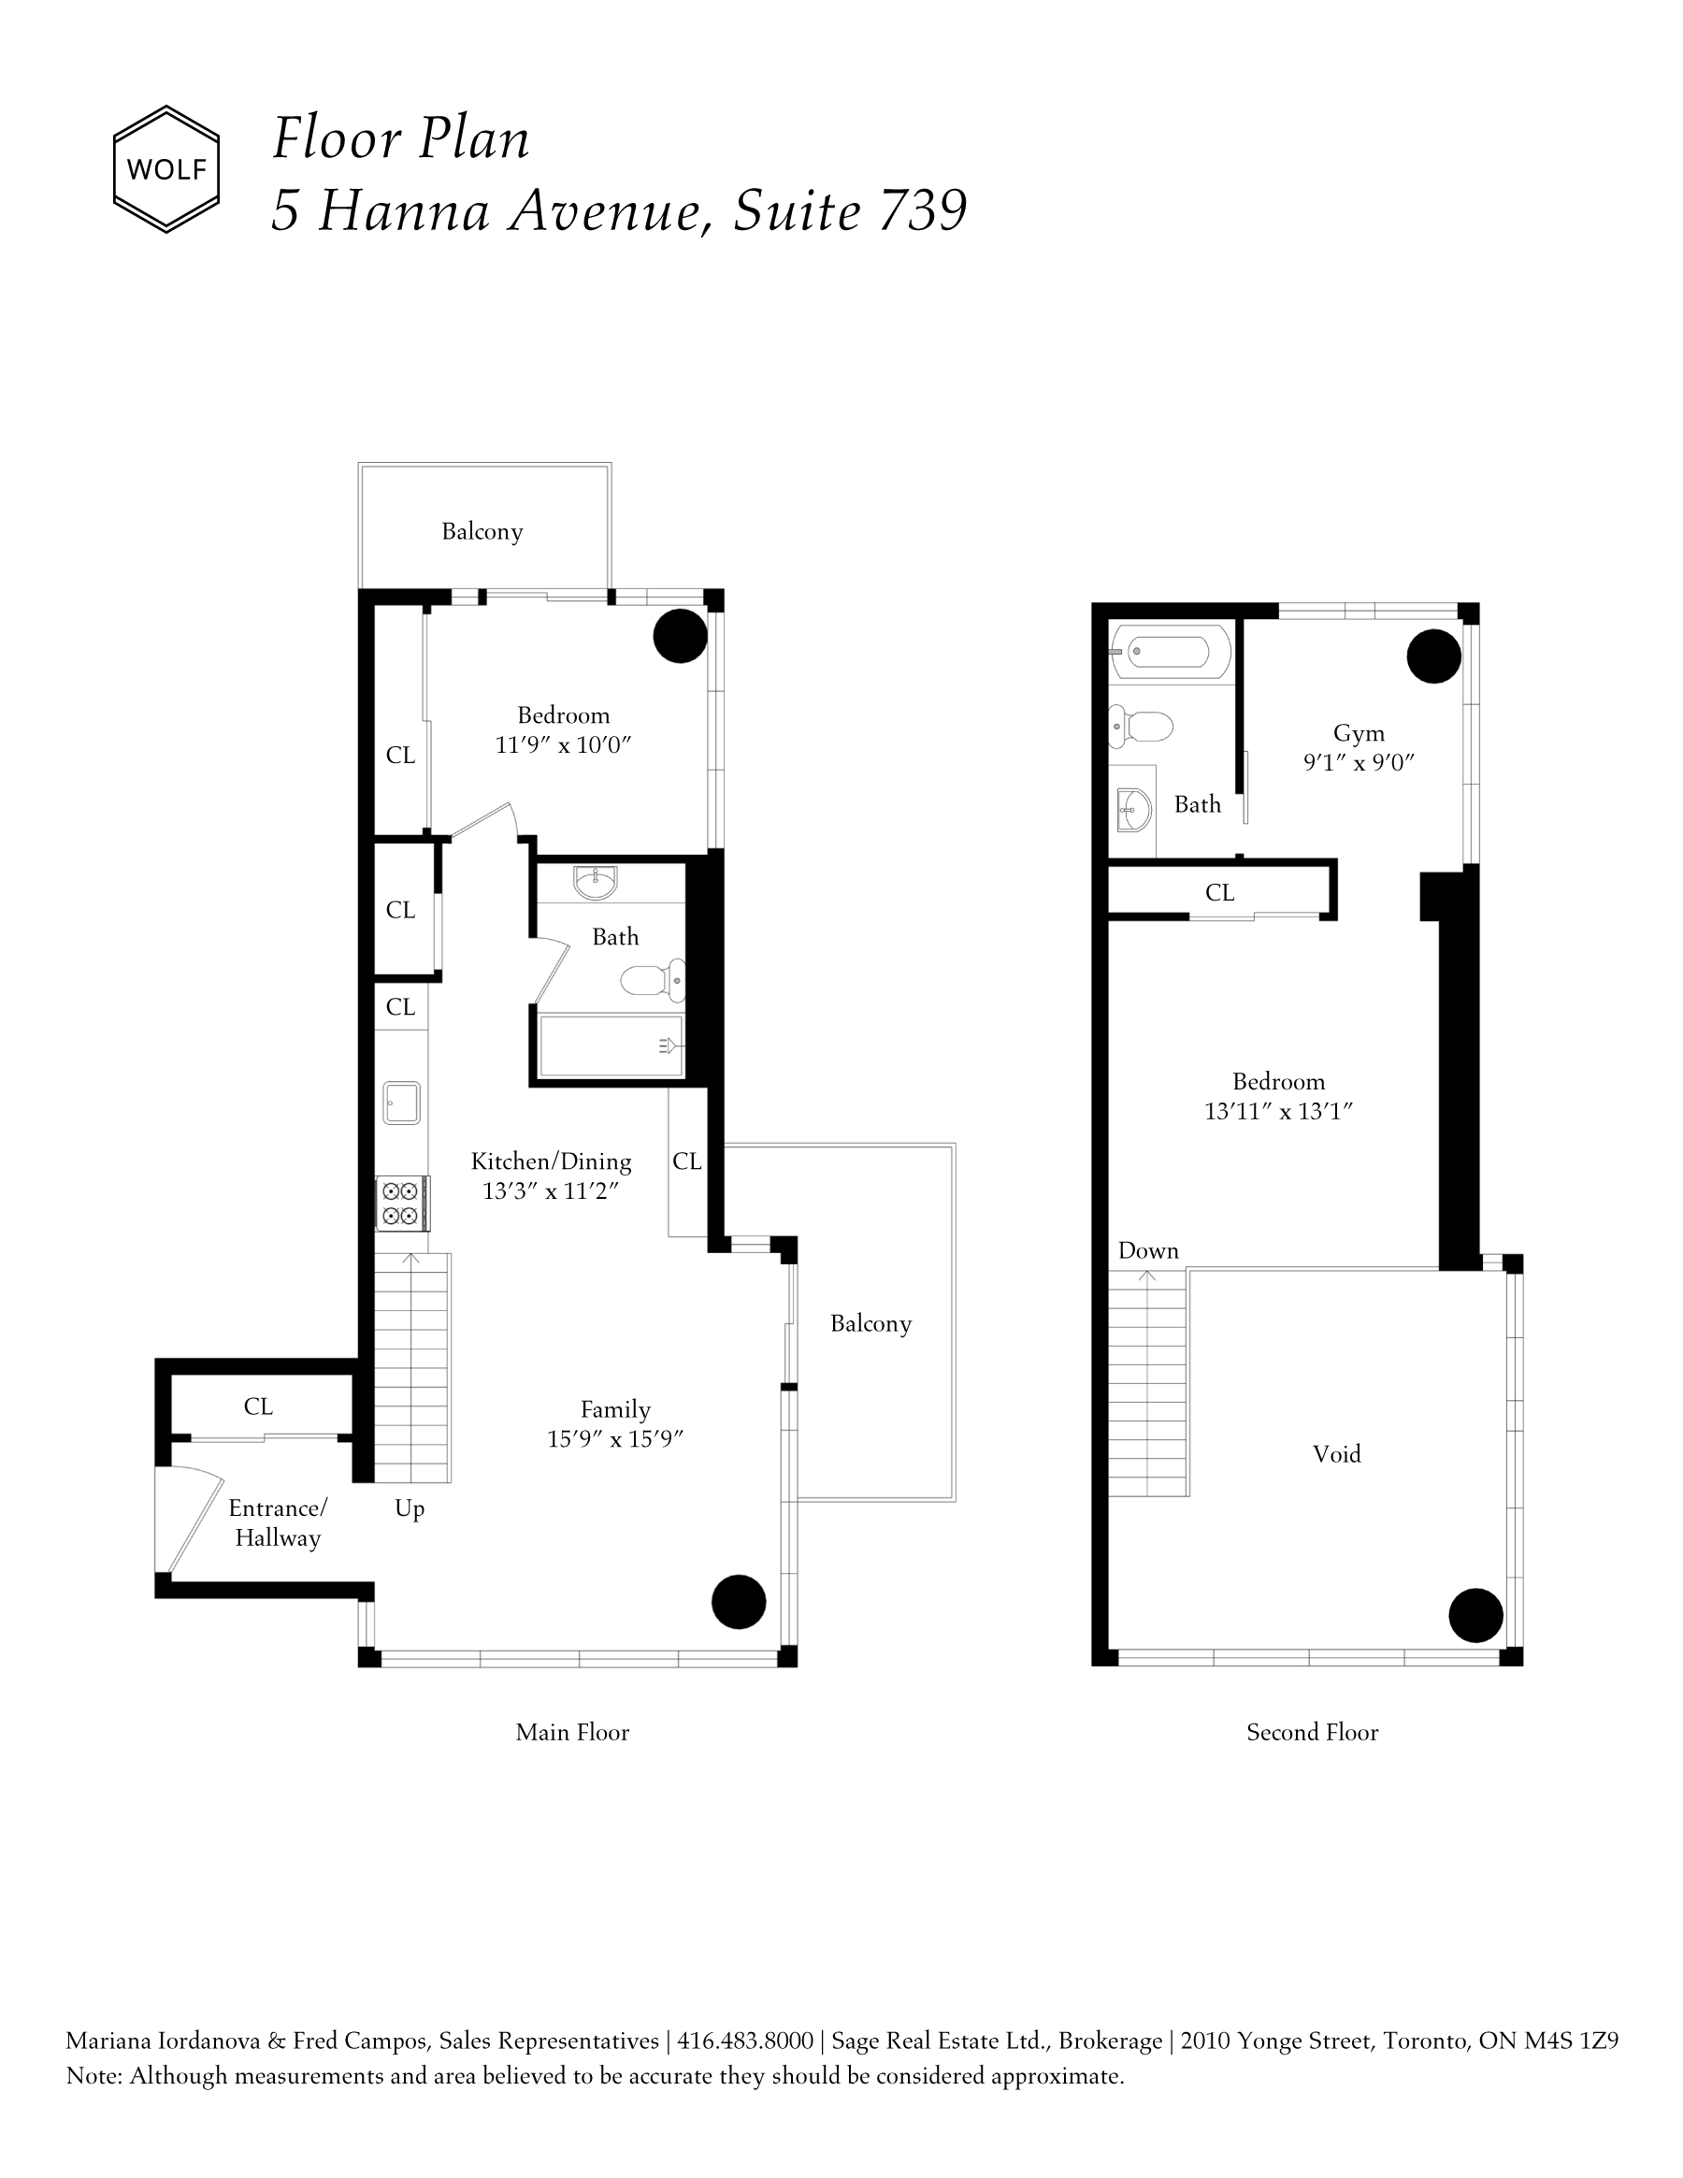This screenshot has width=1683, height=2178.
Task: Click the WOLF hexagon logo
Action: tap(165, 169)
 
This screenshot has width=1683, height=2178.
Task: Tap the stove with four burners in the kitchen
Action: tap(402, 1204)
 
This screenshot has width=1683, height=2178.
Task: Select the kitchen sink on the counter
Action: tap(402, 1103)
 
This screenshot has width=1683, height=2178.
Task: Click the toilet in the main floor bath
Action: tap(653, 980)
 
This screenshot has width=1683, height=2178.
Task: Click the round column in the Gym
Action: tap(1433, 656)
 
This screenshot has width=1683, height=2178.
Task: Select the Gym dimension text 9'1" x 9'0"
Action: tap(1359, 763)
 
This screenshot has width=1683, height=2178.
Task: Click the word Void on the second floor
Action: tap(1337, 1454)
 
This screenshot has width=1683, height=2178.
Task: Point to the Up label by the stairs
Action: tap(410, 1508)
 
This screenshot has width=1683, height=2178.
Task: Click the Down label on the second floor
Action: tap(1148, 1250)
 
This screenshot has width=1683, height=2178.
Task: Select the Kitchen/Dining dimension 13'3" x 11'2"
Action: tap(552, 1190)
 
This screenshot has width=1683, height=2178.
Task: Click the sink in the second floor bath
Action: tap(1133, 810)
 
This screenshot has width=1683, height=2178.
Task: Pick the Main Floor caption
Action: tap(572, 1732)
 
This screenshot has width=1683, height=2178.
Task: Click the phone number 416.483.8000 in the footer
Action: tap(745, 2041)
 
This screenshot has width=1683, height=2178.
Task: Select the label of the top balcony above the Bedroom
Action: tap(482, 531)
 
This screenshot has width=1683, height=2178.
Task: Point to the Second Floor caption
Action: tap(1312, 1732)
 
